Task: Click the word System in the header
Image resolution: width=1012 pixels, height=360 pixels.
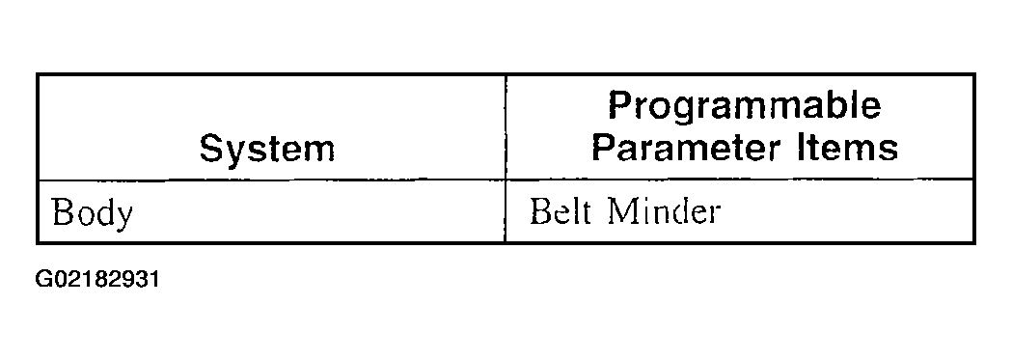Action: pyautogui.click(x=267, y=149)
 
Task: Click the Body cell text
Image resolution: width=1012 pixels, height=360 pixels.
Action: pyautogui.click(x=93, y=213)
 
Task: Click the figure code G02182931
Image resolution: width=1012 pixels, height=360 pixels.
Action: pyautogui.click(x=97, y=281)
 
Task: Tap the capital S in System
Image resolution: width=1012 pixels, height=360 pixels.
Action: pyautogui.click(x=212, y=149)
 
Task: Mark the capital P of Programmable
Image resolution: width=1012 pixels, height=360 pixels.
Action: pyautogui.click(x=621, y=105)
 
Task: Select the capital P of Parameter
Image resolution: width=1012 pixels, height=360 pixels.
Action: pyautogui.click(x=605, y=148)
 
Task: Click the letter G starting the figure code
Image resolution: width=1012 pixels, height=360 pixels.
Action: pyautogui.click(x=43, y=281)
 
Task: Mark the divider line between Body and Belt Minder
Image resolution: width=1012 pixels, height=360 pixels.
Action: pyautogui.click(x=505, y=211)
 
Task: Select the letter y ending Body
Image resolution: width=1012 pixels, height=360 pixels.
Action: pyautogui.click(x=123, y=217)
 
